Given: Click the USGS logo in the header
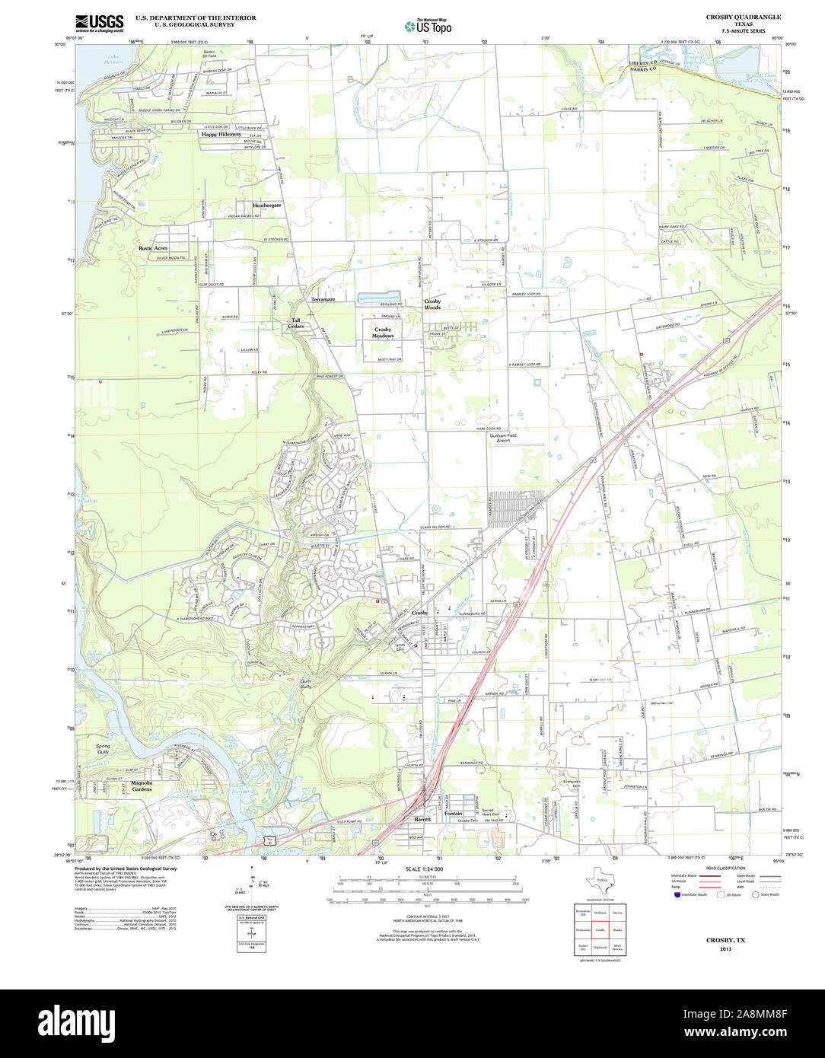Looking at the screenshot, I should (x=99, y=22).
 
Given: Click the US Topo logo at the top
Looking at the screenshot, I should (x=428, y=27).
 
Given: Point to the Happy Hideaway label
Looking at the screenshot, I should (x=221, y=134).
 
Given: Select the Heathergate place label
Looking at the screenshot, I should (x=267, y=206).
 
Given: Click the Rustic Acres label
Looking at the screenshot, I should (x=153, y=248).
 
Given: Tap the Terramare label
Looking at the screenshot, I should (x=321, y=300).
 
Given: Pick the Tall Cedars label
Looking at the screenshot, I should (x=296, y=323).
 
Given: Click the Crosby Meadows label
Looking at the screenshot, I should (x=383, y=333).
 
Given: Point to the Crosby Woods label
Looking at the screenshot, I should (x=432, y=304).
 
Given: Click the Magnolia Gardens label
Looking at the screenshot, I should (x=142, y=786).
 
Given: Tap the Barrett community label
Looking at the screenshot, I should (x=422, y=819).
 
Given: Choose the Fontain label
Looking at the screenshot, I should (x=454, y=813).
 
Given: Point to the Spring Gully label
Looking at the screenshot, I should (x=103, y=750).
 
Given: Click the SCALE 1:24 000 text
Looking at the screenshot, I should (x=425, y=868).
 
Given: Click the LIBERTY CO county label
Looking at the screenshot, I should (x=627, y=62).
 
